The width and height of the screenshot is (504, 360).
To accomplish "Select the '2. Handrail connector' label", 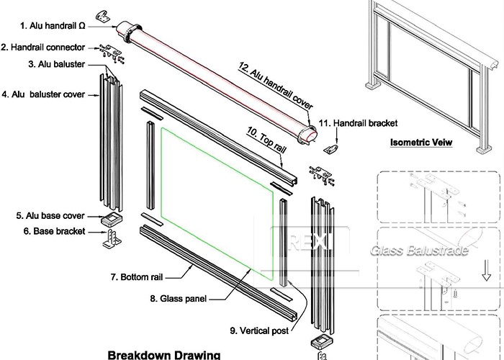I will coord(46,48).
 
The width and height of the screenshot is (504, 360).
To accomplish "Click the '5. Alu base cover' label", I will coord(50,215).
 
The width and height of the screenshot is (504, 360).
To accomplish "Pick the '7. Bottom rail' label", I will coord(141,276).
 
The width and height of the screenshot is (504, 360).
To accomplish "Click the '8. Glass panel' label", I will coord(178,297).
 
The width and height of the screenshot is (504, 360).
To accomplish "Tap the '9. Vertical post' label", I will coord(260,330).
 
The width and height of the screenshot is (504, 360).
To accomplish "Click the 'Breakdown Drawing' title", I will coord(163,354).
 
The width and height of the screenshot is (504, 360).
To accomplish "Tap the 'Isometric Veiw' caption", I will coord(424,143).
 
